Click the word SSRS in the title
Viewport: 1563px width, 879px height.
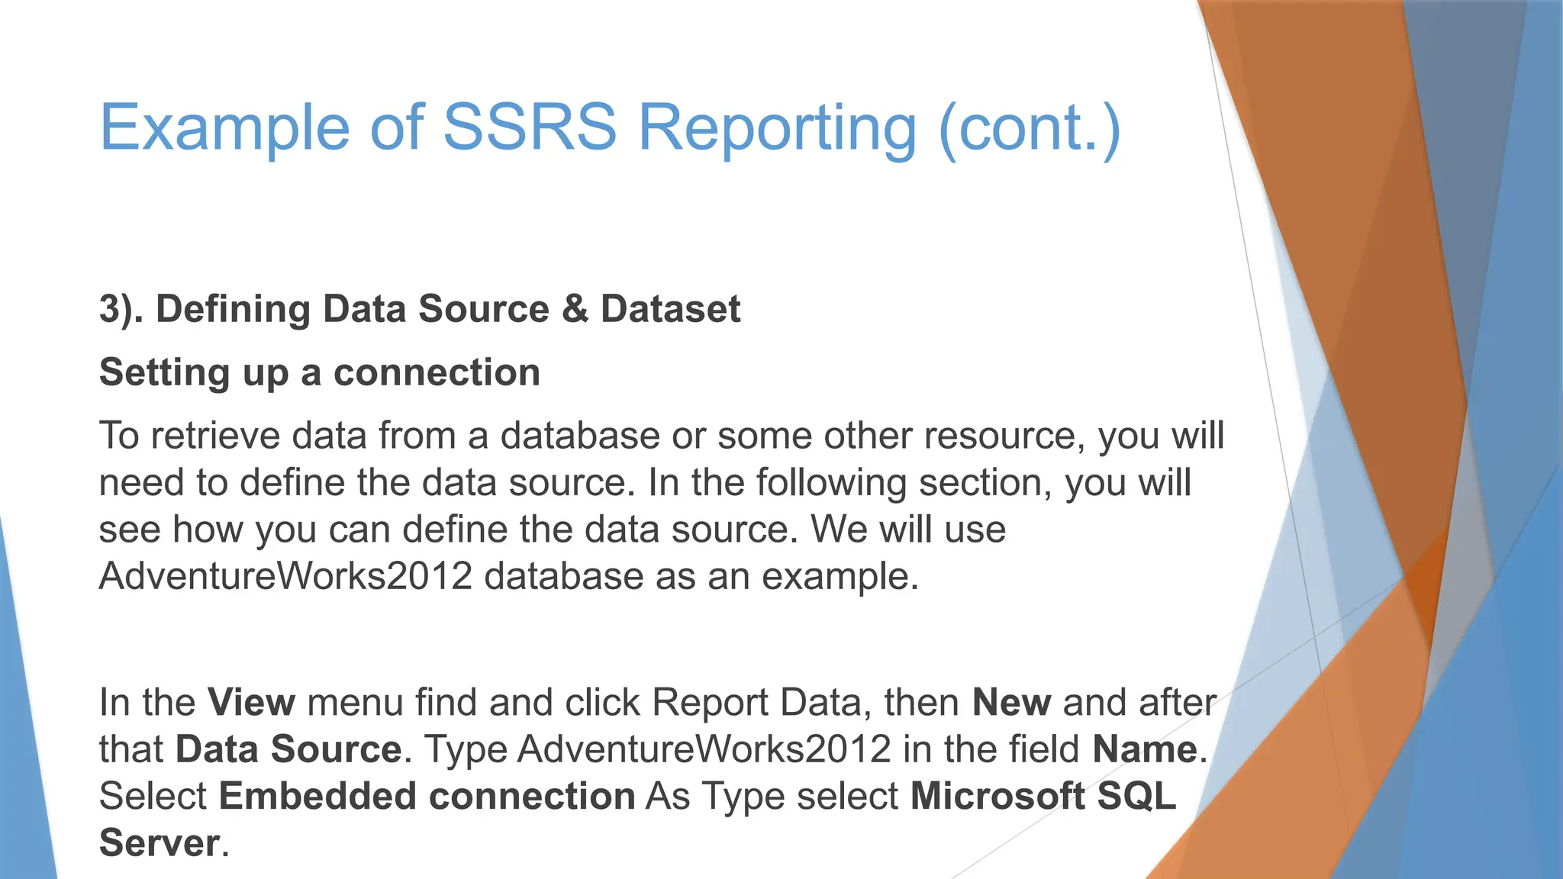529,127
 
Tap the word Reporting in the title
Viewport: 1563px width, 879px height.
776,130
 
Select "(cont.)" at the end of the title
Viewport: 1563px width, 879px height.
1030,130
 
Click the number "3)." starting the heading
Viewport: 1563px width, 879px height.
121,310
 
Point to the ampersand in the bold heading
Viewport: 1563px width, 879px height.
575,309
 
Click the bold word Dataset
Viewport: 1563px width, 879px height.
670,309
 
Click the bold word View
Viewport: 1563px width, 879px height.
251,702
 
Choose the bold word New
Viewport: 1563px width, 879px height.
1011,702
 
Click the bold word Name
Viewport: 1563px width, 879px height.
1145,749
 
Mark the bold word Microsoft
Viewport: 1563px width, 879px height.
997,797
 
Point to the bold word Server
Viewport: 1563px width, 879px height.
160,844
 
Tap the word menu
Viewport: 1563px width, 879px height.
355,702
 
